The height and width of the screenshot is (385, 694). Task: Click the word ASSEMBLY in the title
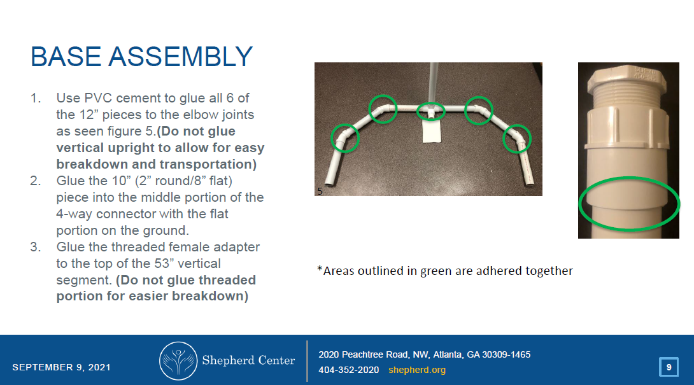tap(181, 57)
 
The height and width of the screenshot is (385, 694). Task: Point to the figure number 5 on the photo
tap(319, 190)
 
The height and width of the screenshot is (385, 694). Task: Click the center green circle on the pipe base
tap(431, 111)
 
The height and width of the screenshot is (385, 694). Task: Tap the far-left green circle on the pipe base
tap(345, 137)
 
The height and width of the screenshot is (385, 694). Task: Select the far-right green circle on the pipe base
tap(517, 139)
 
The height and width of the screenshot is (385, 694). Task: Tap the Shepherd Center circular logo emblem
tap(178, 361)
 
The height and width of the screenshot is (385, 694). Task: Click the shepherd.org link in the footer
tap(417, 370)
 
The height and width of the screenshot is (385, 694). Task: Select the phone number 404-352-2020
tap(348, 370)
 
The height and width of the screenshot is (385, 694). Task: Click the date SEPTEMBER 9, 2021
tap(61, 367)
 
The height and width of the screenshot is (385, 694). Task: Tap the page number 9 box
tap(669, 367)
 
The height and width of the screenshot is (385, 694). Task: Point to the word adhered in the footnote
tap(494, 270)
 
